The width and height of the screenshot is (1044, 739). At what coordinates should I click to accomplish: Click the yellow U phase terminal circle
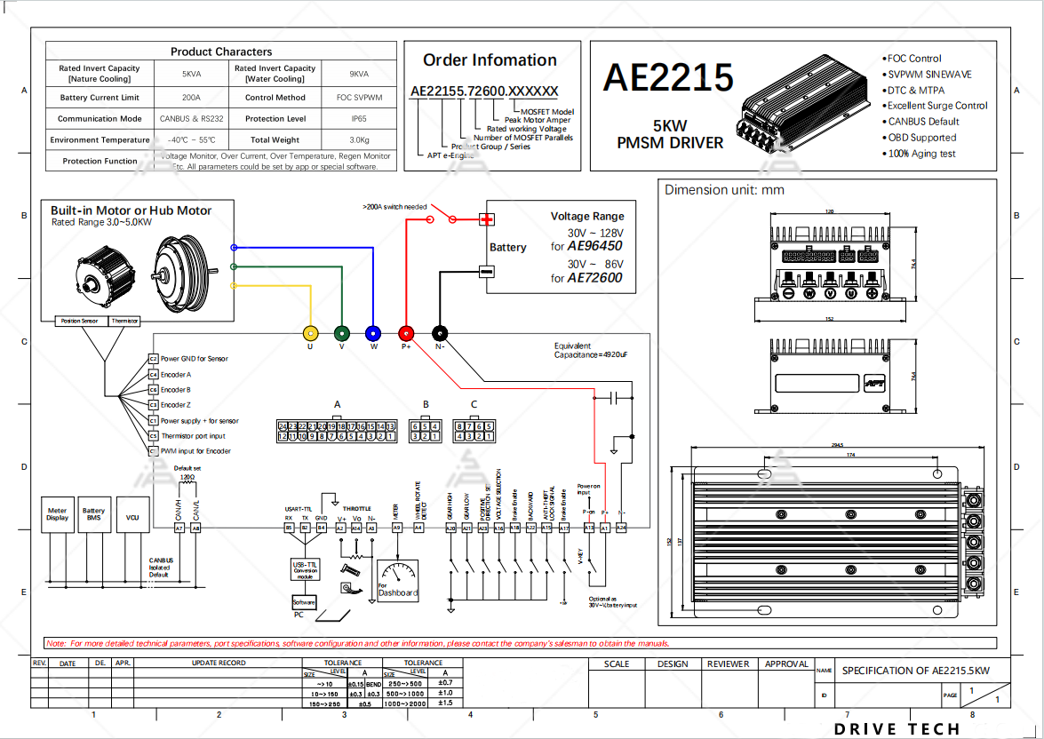point(310,333)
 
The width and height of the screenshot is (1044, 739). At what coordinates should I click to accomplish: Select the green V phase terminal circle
point(342,333)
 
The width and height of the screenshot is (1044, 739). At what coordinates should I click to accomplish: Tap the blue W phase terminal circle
point(373,333)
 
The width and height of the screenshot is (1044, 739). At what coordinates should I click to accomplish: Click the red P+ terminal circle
point(407,333)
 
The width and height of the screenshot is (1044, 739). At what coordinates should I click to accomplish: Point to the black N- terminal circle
point(440,333)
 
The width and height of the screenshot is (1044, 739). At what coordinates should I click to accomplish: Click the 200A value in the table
point(191,98)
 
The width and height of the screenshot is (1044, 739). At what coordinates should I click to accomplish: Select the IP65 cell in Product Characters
point(359,118)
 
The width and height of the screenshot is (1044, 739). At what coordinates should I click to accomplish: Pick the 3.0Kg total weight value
point(359,139)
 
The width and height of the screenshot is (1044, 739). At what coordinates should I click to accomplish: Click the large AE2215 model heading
point(668,78)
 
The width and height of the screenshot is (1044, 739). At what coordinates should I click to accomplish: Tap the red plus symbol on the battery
point(486,219)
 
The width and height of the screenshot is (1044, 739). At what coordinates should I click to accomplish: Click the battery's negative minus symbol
point(486,272)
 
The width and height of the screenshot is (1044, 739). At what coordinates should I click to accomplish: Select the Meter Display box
point(58,514)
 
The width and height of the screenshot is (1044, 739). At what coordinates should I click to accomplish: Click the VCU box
point(132,517)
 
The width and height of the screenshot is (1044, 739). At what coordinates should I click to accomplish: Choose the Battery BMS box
point(94,514)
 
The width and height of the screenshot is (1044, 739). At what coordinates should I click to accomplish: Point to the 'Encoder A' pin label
point(176,375)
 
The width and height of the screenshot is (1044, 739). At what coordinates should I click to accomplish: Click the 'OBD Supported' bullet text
point(922,138)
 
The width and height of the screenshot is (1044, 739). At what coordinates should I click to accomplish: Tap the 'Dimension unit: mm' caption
point(724,189)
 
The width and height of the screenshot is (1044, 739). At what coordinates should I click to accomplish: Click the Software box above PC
point(304,603)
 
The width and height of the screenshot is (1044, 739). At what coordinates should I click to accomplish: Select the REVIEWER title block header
point(728,664)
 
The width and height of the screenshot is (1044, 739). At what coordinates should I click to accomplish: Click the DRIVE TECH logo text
point(897,729)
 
